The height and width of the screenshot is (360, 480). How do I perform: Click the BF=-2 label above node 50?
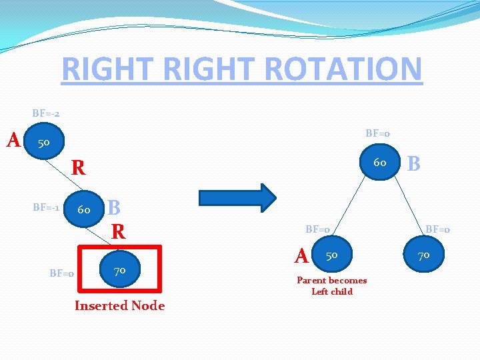[46, 113]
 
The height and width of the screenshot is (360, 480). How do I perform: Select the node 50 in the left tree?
[44, 143]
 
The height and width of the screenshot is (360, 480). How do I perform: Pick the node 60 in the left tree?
[85, 209]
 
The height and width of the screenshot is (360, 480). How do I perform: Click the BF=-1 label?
[47, 207]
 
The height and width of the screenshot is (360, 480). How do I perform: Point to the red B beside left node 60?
[114, 207]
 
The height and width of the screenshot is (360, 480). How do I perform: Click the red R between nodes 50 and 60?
[79, 168]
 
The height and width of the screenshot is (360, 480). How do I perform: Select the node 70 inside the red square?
[119, 270]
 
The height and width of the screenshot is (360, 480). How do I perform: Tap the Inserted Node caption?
[119, 306]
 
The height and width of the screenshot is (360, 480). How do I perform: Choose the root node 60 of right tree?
[380, 161]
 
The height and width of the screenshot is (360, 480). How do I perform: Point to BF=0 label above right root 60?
[378, 133]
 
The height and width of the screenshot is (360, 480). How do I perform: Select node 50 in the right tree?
[332, 255]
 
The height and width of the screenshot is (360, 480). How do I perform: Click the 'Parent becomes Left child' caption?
[332, 286]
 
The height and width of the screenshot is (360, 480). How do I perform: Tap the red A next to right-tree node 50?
[302, 255]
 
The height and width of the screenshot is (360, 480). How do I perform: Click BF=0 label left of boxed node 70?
[61, 273]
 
